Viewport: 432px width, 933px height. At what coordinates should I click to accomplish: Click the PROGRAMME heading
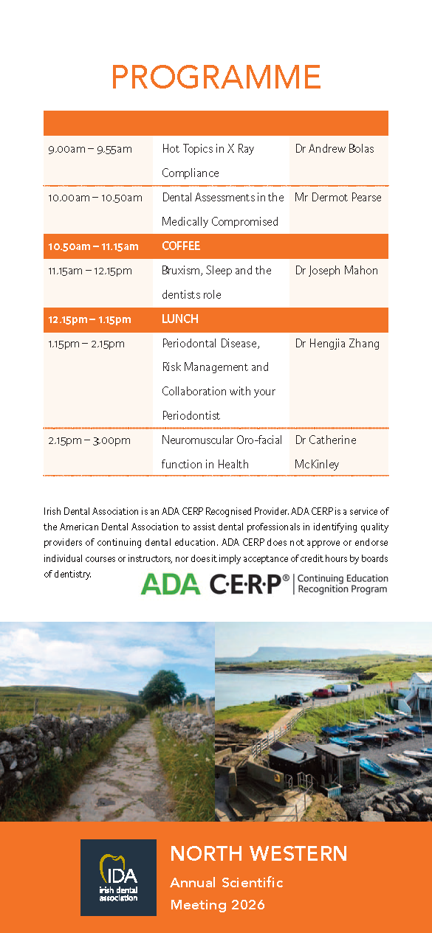(216, 77)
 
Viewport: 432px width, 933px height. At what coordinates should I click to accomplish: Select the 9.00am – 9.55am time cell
(90, 149)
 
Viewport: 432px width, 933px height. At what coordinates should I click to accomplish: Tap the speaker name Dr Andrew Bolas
(335, 149)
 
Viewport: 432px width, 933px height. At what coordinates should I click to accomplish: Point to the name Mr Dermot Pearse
(337, 197)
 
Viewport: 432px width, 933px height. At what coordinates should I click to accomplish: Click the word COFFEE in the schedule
(181, 246)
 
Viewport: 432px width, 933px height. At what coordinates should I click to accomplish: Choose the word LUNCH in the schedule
(180, 319)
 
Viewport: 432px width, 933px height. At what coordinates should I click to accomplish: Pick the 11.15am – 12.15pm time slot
(90, 271)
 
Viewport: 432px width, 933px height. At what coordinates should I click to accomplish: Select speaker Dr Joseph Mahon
(337, 271)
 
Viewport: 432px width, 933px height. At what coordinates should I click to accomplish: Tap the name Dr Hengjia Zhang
(337, 344)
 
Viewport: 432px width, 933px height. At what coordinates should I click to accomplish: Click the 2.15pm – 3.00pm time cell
(89, 440)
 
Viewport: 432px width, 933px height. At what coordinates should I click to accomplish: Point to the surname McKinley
(317, 465)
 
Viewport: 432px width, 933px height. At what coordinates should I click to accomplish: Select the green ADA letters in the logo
(171, 583)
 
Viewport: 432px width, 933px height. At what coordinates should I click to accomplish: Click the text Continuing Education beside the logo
(343, 578)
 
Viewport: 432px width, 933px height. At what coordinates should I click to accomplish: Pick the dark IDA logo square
(118, 877)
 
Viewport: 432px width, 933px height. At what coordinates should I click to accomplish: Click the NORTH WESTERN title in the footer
(258, 853)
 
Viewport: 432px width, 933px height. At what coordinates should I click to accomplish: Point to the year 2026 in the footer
(248, 905)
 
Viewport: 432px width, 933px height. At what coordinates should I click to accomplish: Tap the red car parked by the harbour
(322, 693)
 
